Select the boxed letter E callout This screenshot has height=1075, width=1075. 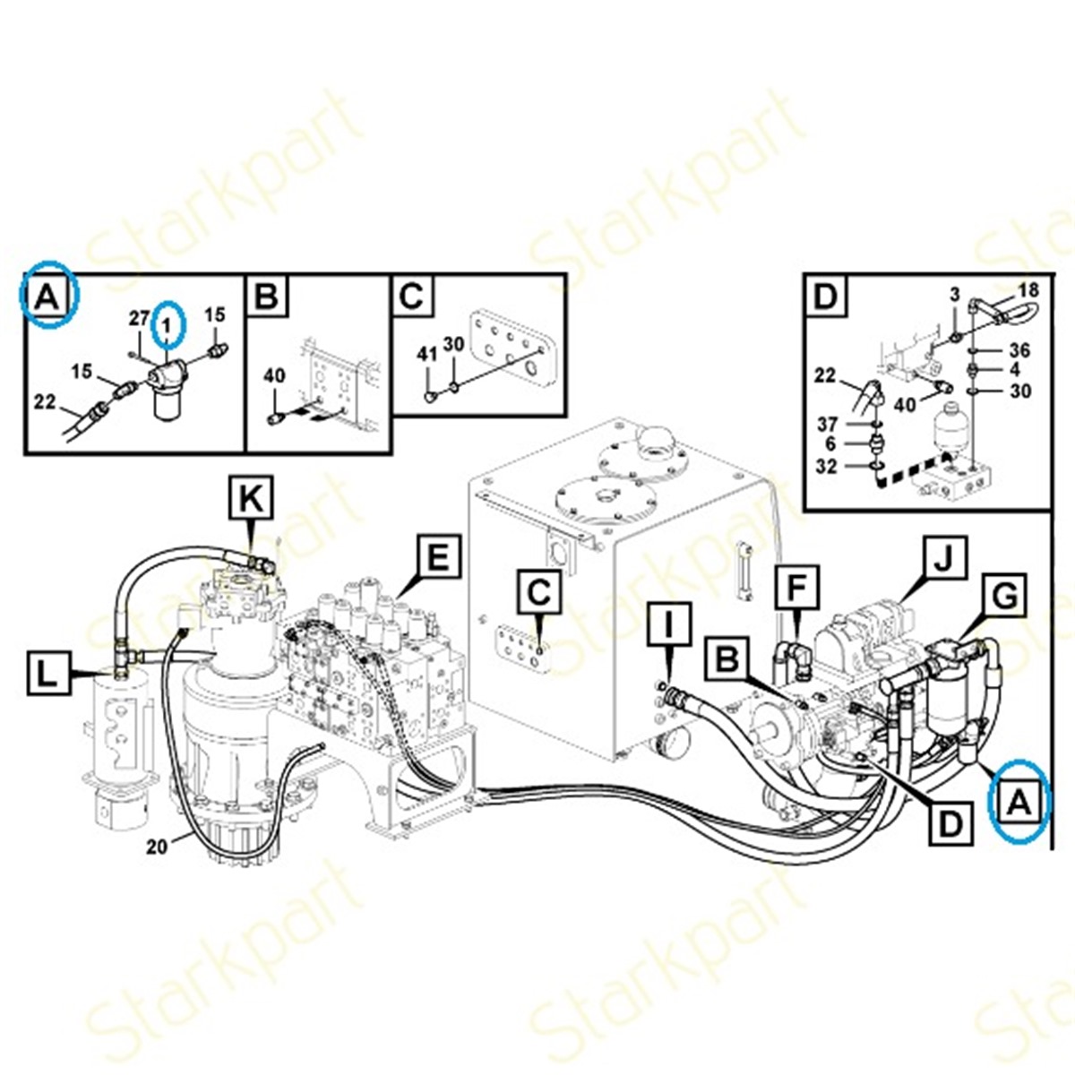pyautogui.click(x=439, y=557)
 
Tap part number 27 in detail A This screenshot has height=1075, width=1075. pyautogui.click(x=140, y=319)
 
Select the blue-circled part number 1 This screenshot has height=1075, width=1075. pyautogui.click(x=166, y=323)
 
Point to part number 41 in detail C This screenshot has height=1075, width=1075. pyautogui.click(x=428, y=355)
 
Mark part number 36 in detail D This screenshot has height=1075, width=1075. pyautogui.click(x=1020, y=351)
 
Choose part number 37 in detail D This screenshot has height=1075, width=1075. pyautogui.click(x=828, y=424)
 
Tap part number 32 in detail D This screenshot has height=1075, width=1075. pyautogui.click(x=827, y=466)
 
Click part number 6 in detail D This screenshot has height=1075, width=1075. pyautogui.click(x=831, y=444)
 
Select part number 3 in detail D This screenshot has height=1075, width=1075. pyautogui.click(x=955, y=295)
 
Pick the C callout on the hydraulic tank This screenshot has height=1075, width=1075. pyautogui.click(x=539, y=594)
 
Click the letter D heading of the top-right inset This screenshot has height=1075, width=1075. pyautogui.click(x=826, y=297)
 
